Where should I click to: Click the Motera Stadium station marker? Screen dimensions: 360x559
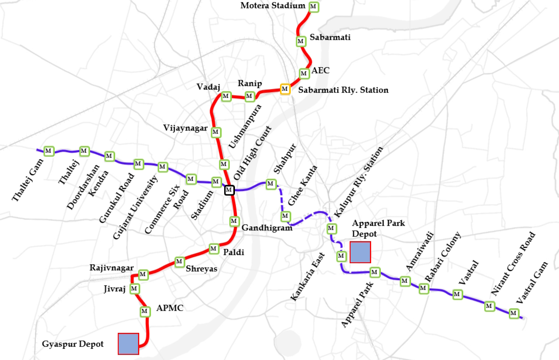click(x=314, y=7)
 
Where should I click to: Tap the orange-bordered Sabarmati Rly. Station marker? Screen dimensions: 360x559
click(x=285, y=89)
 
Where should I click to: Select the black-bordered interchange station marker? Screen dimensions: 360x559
click(x=229, y=190)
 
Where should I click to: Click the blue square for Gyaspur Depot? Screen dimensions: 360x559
click(x=128, y=344)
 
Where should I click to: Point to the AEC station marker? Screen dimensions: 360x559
click(x=304, y=73)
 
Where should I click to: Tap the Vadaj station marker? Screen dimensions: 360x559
click(x=225, y=96)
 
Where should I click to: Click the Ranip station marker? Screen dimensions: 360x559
click(x=249, y=96)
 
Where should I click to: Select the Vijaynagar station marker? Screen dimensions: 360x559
click(x=216, y=132)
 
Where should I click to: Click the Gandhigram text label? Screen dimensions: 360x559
click(x=267, y=228)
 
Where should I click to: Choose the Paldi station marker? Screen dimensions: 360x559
click(x=213, y=249)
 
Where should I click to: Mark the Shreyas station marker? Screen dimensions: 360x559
click(x=179, y=262)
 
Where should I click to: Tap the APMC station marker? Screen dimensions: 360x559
click(x=144, y=311)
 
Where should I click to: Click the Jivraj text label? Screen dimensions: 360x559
click(x=114, y=289)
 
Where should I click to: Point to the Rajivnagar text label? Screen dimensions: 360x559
click(x=111, y=268)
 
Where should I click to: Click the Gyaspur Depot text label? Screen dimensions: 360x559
click(x=73, y=344)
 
